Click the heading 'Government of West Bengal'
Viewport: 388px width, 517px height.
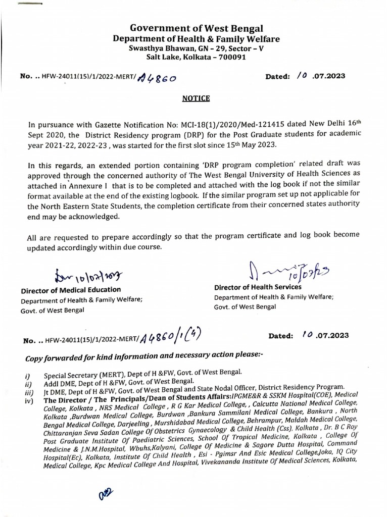[x=196, y=29]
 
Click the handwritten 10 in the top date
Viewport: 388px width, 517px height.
[x=303, y=76]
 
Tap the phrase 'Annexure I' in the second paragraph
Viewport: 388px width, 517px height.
[x=92, y=186]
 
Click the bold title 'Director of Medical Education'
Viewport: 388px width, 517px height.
[x=71, y=290]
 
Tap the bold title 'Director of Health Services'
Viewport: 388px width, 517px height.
[x=258, y=287]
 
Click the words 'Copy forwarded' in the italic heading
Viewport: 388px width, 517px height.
[x=53, y=359]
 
